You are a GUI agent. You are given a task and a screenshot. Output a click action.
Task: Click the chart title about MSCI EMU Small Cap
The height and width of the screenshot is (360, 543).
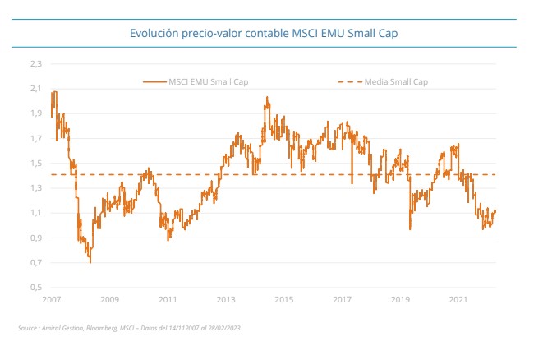point(269,34)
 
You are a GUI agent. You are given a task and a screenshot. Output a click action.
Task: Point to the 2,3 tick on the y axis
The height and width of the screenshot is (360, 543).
point(35,62)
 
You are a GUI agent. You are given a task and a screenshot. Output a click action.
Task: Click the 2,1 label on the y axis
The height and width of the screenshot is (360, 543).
point(35,88)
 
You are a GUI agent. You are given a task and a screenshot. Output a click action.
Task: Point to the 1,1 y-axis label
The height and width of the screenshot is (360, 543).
point(35,213)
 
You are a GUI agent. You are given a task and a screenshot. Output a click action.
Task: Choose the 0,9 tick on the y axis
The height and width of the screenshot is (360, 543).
point(35,238)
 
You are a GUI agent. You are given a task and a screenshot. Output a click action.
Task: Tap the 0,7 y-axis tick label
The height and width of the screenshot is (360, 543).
point(35,263)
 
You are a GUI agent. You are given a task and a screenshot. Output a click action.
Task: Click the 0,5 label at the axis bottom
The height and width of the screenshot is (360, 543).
point(35,288)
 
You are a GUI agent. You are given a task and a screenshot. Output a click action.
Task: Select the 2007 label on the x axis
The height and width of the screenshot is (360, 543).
point(52,300)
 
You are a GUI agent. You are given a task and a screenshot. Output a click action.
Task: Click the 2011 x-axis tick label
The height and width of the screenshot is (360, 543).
point(168,300)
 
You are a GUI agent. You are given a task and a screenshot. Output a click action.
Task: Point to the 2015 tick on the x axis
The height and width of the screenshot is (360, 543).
point(284,300)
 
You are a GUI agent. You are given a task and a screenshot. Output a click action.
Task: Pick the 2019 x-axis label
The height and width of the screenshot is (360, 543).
point(401,300)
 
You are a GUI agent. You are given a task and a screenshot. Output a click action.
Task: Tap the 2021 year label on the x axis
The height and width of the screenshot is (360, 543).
point(459,300)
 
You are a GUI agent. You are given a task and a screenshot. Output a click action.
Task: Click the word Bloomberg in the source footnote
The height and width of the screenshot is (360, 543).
point(104,329)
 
